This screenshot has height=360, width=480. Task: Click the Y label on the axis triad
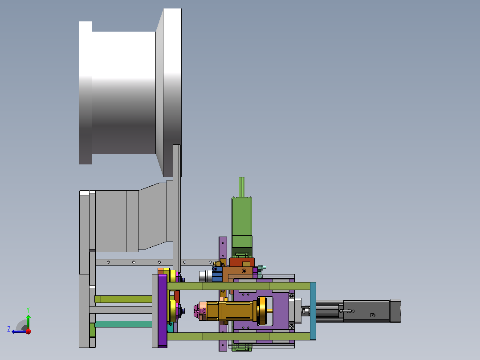pyautogui.click(x=28, y=310)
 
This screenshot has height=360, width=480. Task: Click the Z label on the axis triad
pyautogui.click(x=9, y=329)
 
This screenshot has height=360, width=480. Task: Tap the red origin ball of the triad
pyautogui.click(x=28, y=331)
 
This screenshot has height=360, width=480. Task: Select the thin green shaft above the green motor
pyautogui.click(x=241, y=187)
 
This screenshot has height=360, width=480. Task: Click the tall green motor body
pyautogui.click(x=242, y=222)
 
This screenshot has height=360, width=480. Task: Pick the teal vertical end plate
pyautogui.click(x=313, y=311)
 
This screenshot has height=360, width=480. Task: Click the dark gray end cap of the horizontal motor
pyautogui.click(x=395, y=311)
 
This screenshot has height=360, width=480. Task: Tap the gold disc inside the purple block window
pyautogui.click(x=263, y=311)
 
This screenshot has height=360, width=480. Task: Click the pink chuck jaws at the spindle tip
pyautogui.click(x=198, y=311)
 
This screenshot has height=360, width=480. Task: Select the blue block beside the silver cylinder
pyautogui.click(x=217, y=274)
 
